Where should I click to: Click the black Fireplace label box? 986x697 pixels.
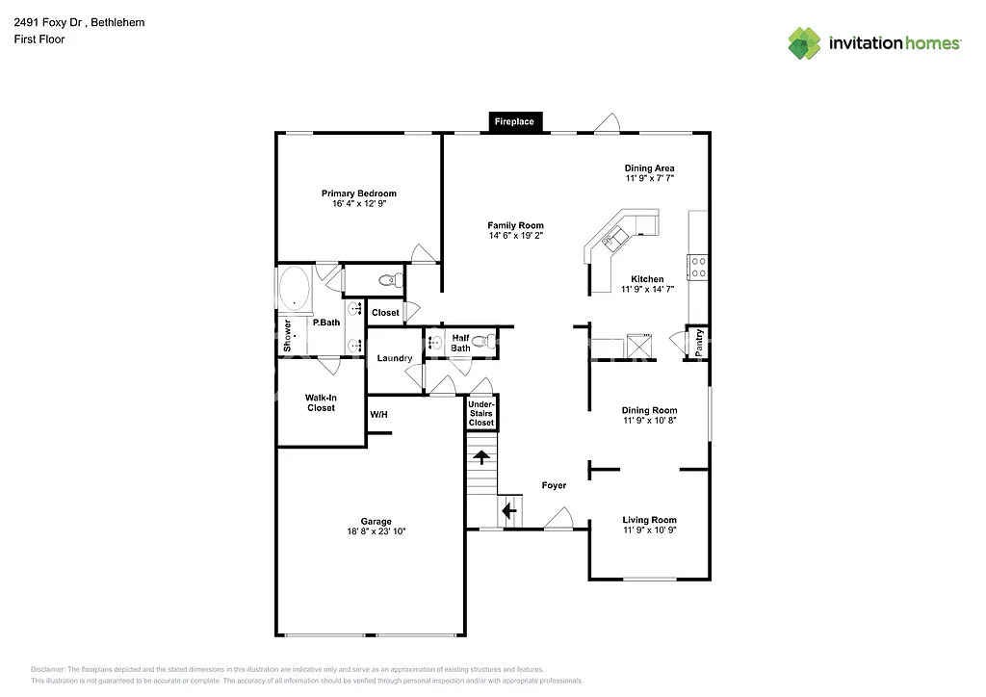point(514,121)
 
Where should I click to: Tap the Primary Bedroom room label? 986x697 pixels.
point(358,194)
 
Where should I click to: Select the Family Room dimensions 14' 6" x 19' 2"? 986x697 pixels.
point(515,235)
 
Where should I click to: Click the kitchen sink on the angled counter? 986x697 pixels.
point(613,235)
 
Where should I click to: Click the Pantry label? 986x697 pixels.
point(699,342)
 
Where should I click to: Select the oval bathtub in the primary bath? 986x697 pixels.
point(294,289)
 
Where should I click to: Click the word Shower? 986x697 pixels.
point(287,335)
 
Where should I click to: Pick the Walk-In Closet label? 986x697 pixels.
point(321,402)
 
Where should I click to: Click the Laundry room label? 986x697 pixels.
point(395,358)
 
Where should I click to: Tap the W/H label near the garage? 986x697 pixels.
point(378,415)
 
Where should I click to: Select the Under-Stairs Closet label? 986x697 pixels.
point(481,413)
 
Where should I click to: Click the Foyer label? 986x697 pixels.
point(554,485)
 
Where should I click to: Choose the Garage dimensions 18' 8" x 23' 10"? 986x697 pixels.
point(376,531)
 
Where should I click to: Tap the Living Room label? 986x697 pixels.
point(650,520)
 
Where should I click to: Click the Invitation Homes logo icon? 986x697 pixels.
point(804,42)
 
